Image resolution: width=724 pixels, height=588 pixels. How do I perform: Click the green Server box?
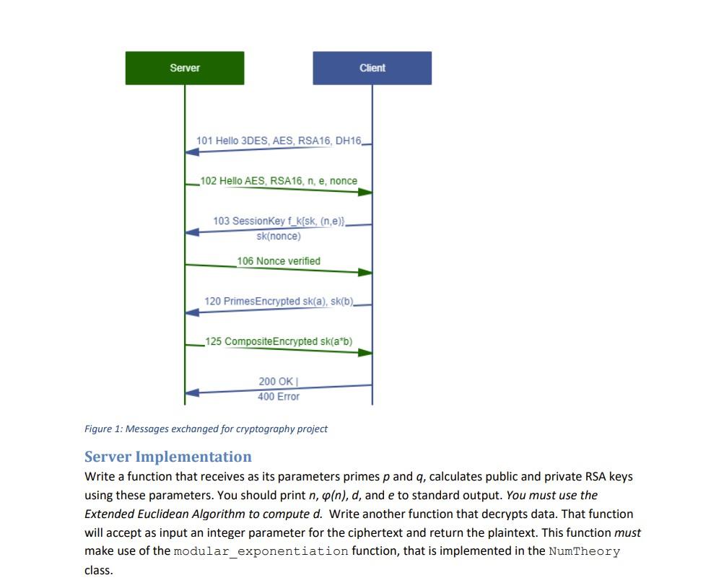point(185,68)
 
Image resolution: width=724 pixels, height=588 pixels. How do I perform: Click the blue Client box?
point(372,68)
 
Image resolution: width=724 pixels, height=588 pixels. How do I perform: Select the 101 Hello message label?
point(279,140)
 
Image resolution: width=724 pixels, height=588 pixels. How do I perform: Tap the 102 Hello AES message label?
point(279,180)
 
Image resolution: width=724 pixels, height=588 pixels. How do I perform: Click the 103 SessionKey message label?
point(279,220)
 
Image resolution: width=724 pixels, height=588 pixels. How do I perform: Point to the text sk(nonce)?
point(279,236)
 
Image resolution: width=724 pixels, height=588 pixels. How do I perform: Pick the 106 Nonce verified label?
point(279,260)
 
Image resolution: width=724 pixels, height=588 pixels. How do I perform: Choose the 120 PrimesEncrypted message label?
point(279,300)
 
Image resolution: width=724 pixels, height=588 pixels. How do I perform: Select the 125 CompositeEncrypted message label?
point(279,341)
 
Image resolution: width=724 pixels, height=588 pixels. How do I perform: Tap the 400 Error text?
point(278,396)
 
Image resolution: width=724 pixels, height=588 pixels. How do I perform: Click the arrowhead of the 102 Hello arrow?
point(365,192)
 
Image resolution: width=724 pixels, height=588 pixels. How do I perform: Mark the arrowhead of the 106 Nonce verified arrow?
point(365,272)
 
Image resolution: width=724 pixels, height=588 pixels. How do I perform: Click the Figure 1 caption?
point(206,429)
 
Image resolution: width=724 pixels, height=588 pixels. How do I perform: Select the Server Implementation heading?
point(168,456)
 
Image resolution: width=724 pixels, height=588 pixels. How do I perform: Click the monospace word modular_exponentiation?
point(261,551)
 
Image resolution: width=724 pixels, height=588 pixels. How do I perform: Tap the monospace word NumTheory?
point(584,551)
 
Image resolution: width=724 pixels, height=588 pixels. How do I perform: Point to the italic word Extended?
point(108,514)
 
